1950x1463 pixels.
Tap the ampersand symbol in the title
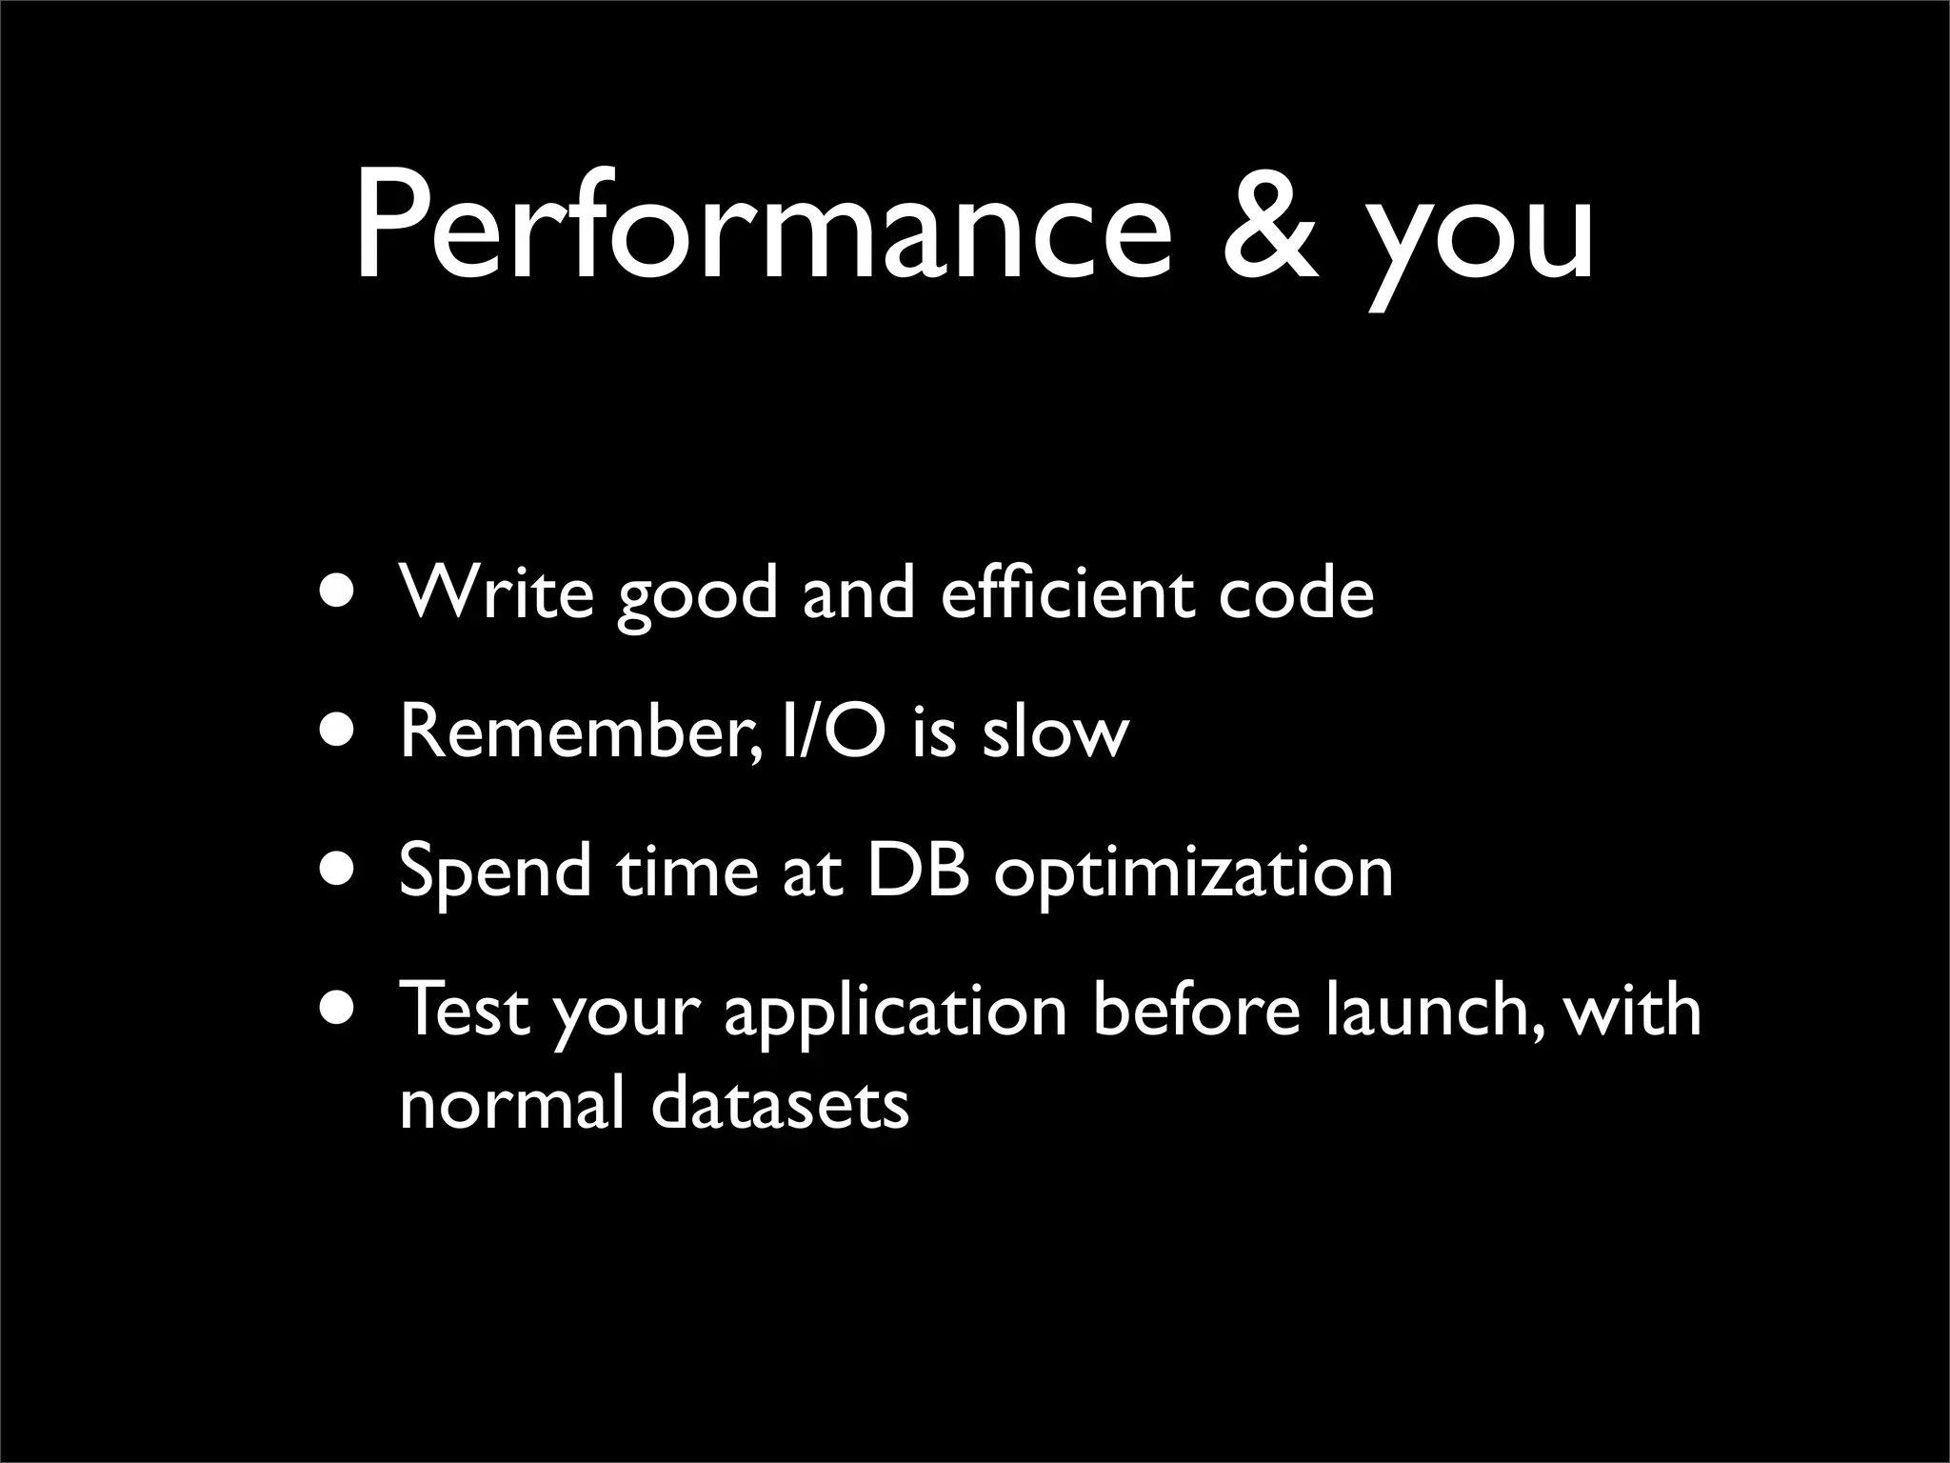1271,229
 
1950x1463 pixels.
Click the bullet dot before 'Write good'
341,592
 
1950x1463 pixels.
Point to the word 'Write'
496,592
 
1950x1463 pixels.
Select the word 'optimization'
1194,874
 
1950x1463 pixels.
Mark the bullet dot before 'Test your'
341,1010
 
